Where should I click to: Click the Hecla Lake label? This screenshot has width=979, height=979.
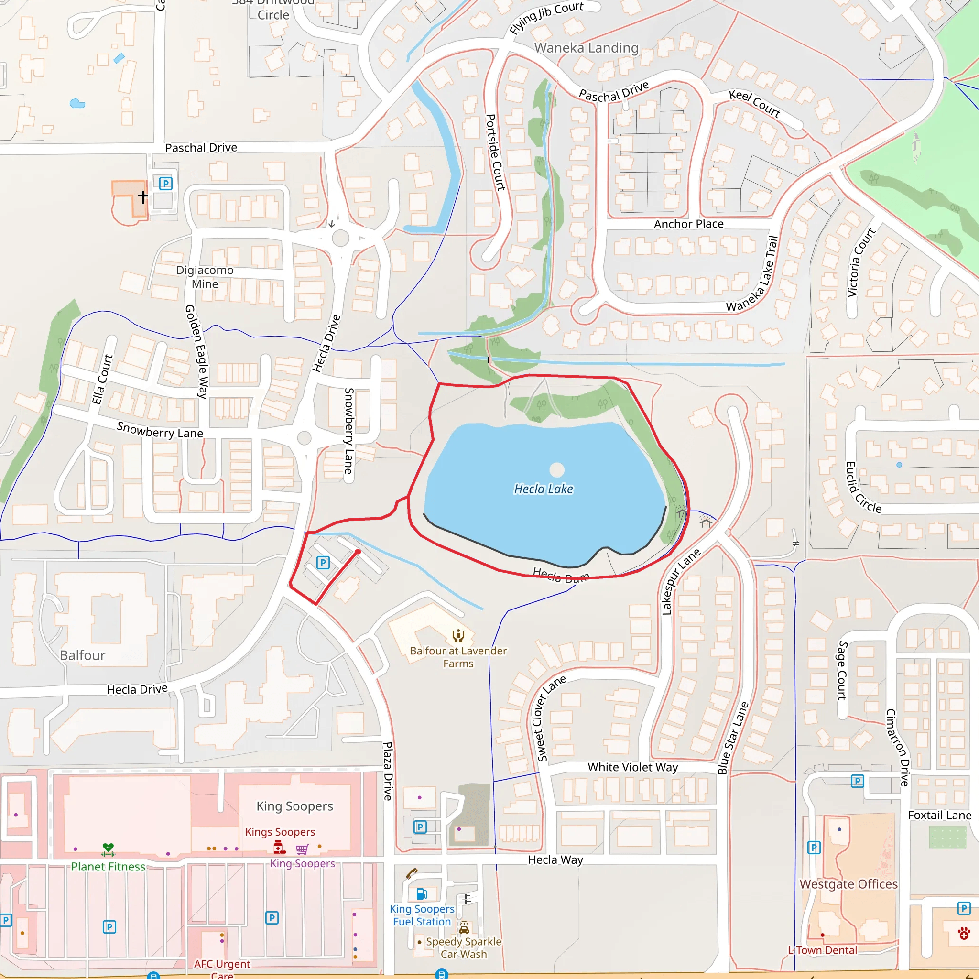(x=543, y=489)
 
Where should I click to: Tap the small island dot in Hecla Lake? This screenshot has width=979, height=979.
(x=557, y=470)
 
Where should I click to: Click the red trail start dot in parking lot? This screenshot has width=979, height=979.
(x=358, y=552)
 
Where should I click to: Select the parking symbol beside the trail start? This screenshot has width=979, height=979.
(x=323, y=563)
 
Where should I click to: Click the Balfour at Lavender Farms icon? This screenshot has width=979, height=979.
(x=458, y=635)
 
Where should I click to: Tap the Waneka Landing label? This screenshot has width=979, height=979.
(x=586, y=48)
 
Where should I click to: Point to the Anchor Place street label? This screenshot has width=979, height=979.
(x=688, y=224)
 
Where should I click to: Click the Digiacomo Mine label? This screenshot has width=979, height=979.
(x=205, y=277)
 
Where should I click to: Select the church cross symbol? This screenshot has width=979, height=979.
(x=143, y=196)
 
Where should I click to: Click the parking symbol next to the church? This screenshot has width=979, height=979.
(x=166, y=184)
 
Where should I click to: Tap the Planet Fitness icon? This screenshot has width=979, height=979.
(x=108, y=849)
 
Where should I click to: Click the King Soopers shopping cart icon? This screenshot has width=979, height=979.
(x=302, y=849)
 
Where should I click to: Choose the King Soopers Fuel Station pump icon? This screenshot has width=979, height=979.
(x=422, y=893)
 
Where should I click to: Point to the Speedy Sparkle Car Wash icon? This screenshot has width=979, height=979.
(x=464, y=928)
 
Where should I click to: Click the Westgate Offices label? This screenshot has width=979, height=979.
(x=848, y=884)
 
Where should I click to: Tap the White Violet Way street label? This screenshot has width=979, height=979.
(x=632, y=767)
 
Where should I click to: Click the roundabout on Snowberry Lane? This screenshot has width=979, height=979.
(x=304, y=438)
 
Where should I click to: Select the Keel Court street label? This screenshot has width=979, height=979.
(x=754, y=103)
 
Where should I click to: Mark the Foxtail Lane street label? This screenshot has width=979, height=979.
(x=939, y=815)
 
